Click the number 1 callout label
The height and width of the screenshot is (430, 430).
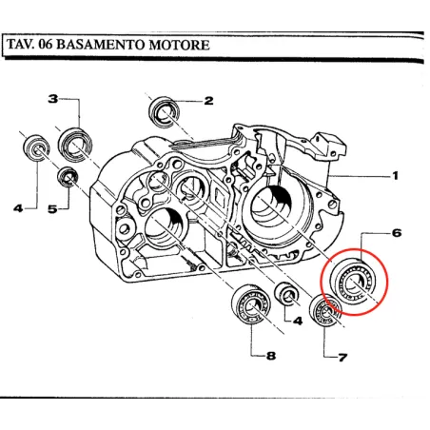click(395, 176)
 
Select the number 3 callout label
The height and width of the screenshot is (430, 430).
click(53, 99)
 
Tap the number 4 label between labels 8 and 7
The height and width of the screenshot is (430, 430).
click(298, 322)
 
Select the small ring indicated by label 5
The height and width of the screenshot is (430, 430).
click(68, 177)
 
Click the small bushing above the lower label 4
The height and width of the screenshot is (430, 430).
click(283, 294)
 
